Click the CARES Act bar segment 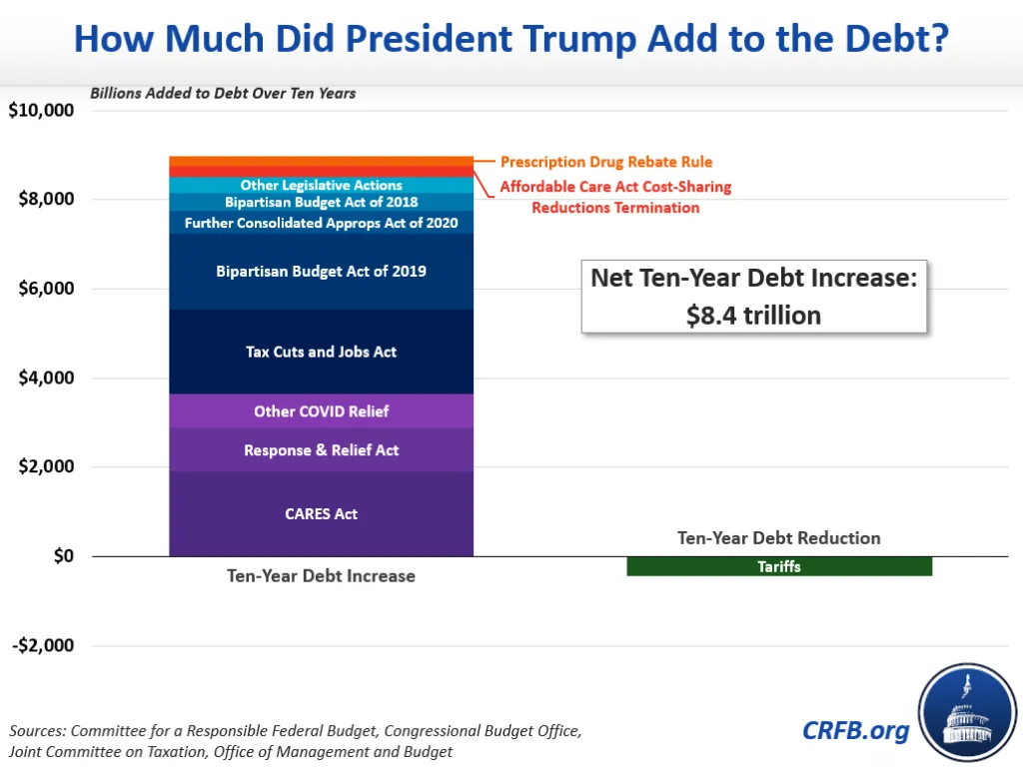point(321,514)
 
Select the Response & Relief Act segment point(321,450)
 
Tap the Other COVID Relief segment point(321,410)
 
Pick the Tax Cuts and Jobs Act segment point(321,352)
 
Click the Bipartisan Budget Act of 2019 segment point(321,271)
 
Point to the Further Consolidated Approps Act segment point(321,223)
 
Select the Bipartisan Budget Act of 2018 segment point(321,202)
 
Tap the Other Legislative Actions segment point(321,185)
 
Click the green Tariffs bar point(778,566)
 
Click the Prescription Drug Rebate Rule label point(605,162)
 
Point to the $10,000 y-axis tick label point(41,110)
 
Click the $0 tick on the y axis point(62,556)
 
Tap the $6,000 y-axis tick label point(46,289)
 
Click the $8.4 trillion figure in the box point(754,316)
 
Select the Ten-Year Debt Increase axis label point(321,576)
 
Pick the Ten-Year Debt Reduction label point(778,538)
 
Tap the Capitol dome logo point(966,713)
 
